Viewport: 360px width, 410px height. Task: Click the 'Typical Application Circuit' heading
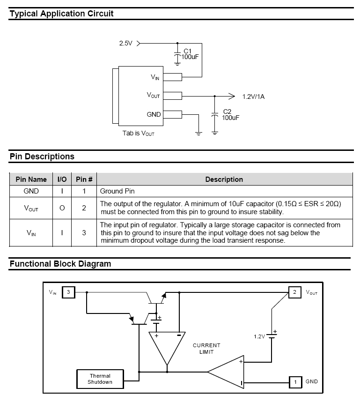pos(61,14)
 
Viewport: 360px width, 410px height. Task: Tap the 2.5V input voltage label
pos(125,43)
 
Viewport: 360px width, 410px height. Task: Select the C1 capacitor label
pos(187,51)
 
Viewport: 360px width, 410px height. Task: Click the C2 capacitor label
pos(227,112)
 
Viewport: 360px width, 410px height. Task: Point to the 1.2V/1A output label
pos(253,97)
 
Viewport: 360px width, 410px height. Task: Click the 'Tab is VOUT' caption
pos(139,133)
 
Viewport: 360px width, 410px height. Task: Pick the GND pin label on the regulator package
pos(154,114)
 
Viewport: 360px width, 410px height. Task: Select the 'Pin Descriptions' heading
pos(42,157)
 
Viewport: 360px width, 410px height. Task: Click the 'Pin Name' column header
pos(31,179)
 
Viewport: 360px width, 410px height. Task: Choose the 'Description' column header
pos(224,179)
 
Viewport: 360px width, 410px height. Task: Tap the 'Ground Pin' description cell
pos(118,191)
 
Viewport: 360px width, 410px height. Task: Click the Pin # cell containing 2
pos(84,208)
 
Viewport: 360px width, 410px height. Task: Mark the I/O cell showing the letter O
pos(62,208)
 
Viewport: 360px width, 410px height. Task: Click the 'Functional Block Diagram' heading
pos(60,264)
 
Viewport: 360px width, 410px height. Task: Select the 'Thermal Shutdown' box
pos(100,379)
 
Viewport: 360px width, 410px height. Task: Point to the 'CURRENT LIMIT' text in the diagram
pos(206,348)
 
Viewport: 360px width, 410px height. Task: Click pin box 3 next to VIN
pos(68,292)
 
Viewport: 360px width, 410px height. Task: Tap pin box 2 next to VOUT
pos(294,292)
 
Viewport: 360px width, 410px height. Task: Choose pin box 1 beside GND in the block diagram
pos(295,382)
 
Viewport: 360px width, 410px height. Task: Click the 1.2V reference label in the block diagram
pos(259,336)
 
